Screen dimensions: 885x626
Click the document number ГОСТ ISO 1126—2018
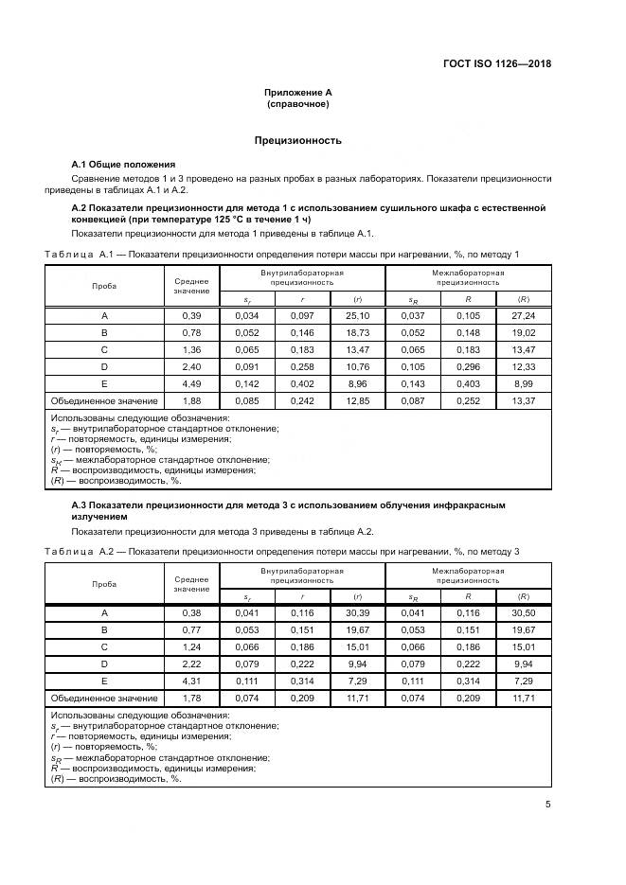(496, 63)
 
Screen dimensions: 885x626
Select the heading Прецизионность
(297, 140)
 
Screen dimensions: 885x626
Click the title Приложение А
(297, 93)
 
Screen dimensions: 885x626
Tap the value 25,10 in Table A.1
(357, 315)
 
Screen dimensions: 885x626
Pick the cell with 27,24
(523, 315)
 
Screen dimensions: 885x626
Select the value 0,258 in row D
(302, 367)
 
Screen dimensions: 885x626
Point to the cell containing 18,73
(357, 332)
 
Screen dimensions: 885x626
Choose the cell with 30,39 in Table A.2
(357, 612)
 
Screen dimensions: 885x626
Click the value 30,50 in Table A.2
(523, 612)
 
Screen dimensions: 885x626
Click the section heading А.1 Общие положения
(123, 165)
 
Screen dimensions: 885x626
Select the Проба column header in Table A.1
(104, 286)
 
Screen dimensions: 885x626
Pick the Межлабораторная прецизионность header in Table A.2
(468, 575)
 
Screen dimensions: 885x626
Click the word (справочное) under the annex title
(297, 104)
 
